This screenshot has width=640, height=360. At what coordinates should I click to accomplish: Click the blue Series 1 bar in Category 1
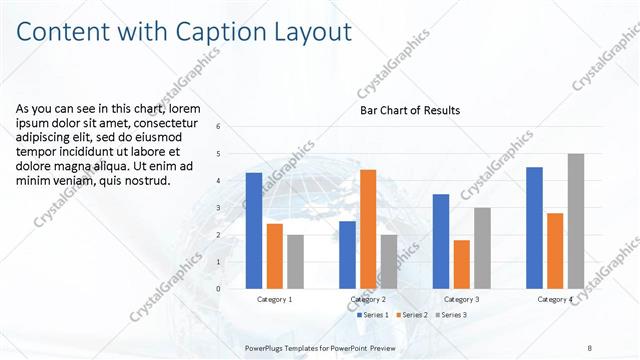tap(254, 231)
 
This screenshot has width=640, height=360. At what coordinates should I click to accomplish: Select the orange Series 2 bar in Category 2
tap(368, 229)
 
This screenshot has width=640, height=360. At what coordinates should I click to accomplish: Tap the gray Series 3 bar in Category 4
tap(575, 221)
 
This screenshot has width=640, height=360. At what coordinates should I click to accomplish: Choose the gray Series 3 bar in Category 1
tap(295, 262)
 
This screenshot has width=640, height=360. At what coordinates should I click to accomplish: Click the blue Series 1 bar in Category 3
tap(441, 241)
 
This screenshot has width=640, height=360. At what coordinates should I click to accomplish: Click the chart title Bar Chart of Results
tap(410, 110)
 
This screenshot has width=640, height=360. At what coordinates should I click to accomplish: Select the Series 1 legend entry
tap(372, 315)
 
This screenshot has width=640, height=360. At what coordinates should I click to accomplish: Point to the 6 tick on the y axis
tap(233, 127)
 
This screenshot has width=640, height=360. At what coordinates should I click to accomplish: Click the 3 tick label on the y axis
tap(233, 208)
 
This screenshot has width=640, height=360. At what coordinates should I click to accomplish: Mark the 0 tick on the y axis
tap(233, 289)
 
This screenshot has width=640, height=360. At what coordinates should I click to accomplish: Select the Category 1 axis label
tap(274, 299)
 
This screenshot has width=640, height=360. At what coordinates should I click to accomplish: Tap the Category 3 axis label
tap(462, 299)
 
